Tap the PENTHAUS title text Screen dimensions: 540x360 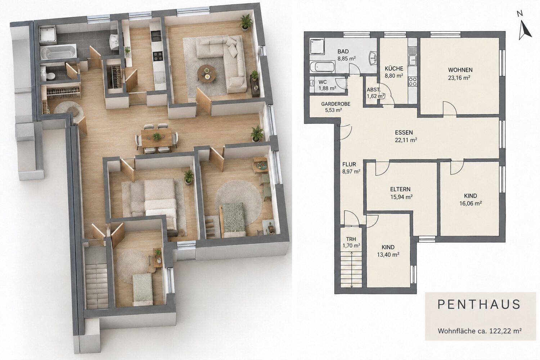coord(479,305)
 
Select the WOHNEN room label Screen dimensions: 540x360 coord(460,70)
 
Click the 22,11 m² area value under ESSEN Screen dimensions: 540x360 coord(406,140)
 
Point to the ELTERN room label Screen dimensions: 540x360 coord(400,189)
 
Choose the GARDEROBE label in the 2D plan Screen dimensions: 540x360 coord(336,104)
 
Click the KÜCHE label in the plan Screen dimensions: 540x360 coord(394,68)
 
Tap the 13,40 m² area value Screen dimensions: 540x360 coord(388,255)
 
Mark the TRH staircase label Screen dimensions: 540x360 coord(351,239)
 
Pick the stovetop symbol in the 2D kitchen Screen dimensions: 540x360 coord(413,81)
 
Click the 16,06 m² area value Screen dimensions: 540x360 coord(471,203)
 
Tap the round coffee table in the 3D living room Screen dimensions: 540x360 coord(207,73)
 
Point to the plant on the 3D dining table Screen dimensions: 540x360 coord(157,136)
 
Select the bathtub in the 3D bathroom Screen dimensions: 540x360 coord(58,53)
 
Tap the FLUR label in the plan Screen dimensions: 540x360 coord(349,164)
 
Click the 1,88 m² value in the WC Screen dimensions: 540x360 coord(327,88)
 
